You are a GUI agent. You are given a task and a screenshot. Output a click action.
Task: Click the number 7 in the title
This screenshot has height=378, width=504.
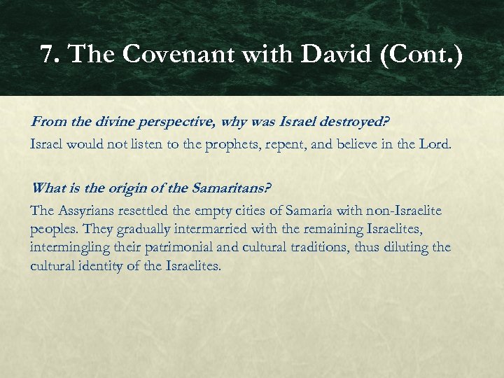48,54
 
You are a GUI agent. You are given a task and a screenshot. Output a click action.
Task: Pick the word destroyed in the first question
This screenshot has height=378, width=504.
356,122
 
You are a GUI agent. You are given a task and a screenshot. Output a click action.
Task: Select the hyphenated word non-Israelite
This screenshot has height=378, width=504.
402,211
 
